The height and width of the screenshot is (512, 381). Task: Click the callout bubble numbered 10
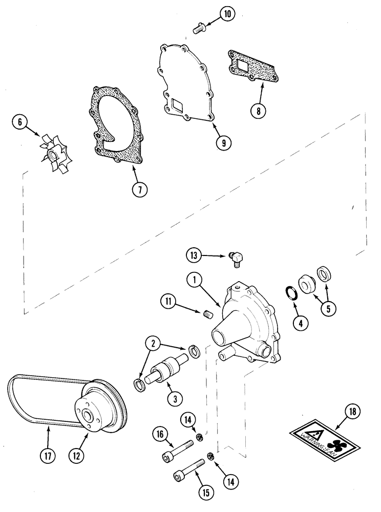227,14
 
